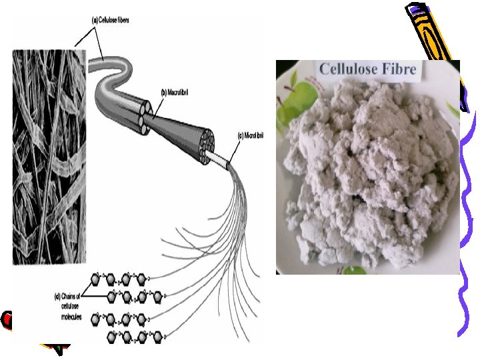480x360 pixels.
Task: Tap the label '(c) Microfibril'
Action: (x=251, y=137)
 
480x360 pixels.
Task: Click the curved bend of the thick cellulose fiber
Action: (x=107, y=73)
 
